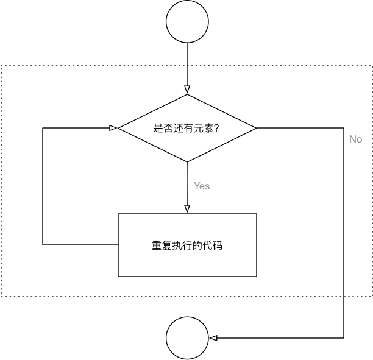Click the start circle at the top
click(187, 22)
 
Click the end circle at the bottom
click(187, 338)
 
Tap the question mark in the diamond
click(216, 129)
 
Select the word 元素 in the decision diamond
click(202, 129)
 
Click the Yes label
click(202, 186)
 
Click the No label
click(355, 139)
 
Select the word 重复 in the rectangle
click(160, 245)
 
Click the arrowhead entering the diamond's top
click(187, 90)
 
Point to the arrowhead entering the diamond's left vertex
click(113, 128)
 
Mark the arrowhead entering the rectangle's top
click(187, 209)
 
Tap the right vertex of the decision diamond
click(256, 128)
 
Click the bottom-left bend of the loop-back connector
click(43, 245)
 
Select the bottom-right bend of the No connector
click(346, 338)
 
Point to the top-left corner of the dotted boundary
click(1, 65)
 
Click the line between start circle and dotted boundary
click(187, 54)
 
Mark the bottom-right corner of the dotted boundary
click(371, 296)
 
